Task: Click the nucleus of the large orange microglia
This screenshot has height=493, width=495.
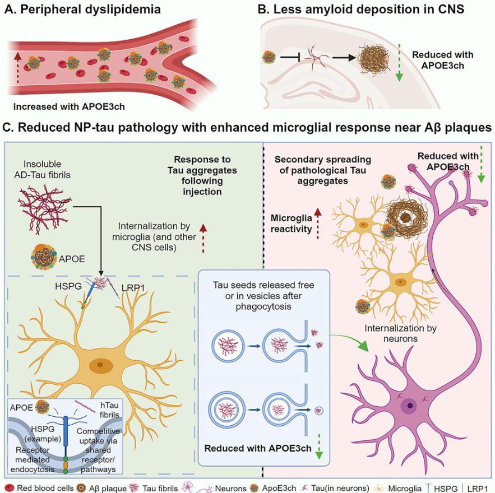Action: [x=100, y=365]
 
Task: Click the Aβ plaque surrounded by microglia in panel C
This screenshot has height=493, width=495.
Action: [x=408, y=217]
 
